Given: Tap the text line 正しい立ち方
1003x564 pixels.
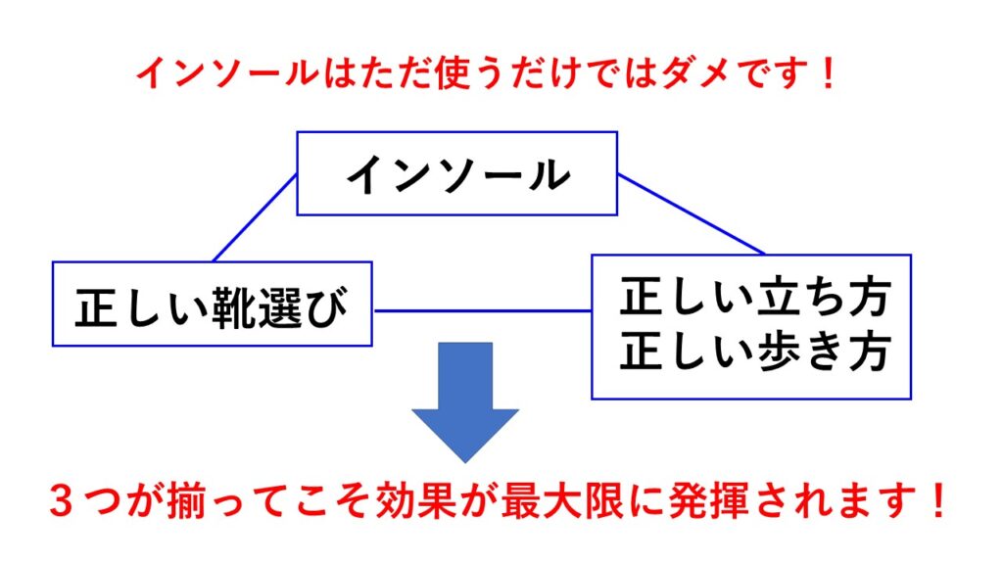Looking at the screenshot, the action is pyautogui.click(x=755, y=297).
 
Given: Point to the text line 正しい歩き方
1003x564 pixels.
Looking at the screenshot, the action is pyautogui.click(x=755, y=351).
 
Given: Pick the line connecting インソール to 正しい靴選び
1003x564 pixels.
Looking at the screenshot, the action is pyautogui.click(x=255, y=217).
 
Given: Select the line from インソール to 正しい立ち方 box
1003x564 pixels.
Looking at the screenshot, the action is pyautogui.click(x=692, y=214).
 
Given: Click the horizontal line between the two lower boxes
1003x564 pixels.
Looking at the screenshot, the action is pyautogui.click(x=482, y=311).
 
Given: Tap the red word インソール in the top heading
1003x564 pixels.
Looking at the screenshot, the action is pyautogui.click(x=227, y=73).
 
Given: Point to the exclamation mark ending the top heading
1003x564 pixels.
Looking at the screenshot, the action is pyautogui.click(x=829, y=73).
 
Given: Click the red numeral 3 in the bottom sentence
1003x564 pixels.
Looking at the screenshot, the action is pyautogui.click(x=62, y=500).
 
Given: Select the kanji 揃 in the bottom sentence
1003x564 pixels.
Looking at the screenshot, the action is pyautogui.click(x=185, y=500).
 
